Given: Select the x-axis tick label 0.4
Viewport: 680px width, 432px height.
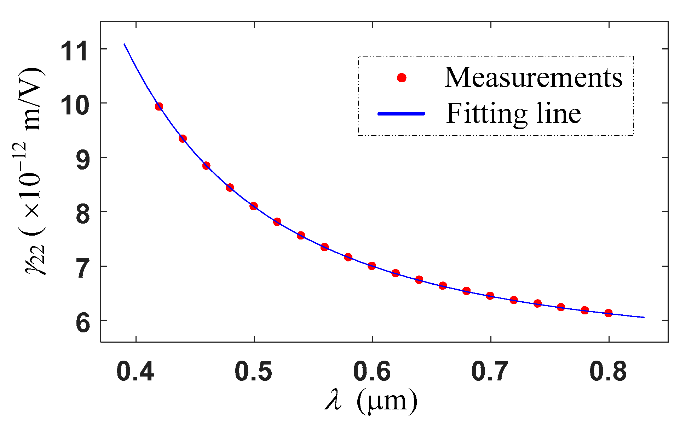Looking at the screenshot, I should [135, 372].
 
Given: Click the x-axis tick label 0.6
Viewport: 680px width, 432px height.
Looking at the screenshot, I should [371, 372].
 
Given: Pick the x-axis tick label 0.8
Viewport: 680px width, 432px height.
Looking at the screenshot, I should [608, 372].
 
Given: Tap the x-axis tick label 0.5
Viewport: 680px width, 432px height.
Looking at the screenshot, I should [253, 372].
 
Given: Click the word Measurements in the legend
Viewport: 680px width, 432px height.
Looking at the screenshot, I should [533, 77].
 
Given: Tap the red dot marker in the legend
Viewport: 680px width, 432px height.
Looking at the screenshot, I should [402, 78].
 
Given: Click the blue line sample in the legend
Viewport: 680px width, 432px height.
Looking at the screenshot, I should [402, 113].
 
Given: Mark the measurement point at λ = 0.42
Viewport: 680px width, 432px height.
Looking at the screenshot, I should [159, 106].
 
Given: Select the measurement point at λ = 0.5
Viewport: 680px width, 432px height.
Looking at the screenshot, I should [253, 206].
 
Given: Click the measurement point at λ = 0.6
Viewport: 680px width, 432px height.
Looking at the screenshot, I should [371, 266].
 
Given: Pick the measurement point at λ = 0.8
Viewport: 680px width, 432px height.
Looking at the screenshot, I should [608, 313].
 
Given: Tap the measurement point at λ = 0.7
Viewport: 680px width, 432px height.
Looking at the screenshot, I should [490, 296].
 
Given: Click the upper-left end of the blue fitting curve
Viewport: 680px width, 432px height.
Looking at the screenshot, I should [124, 44].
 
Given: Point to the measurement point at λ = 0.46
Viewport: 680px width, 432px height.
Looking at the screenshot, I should [206, 165].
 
